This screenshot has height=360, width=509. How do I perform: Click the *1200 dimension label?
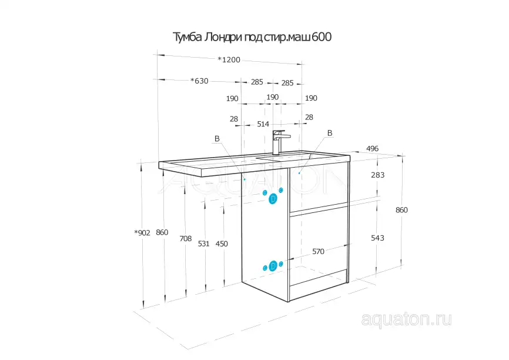coord(229,59)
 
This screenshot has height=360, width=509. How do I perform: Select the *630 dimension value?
coord(199,81)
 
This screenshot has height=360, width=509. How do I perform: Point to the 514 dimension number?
coord(263,124)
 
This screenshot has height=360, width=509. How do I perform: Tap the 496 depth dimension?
coord(372,149)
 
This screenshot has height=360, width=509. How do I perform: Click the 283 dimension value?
coord(378,175)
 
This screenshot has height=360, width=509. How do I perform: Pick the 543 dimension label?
coord(377,238)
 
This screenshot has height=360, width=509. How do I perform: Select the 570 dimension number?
coord(318,252)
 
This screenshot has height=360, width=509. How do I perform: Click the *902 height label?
coord(143,233)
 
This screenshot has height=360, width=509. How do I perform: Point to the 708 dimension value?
coord(185,239)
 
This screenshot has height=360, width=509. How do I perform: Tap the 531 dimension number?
coord(204,244)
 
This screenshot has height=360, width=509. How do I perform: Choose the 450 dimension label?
coord(222,244)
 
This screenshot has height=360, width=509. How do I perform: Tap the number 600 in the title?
coord(322,38)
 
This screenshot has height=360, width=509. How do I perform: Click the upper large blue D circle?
coord(273,199)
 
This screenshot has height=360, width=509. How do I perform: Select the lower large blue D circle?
coord(273,266)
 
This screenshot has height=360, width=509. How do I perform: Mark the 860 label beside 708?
coord(162,232)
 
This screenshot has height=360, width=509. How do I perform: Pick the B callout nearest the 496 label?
coord(329,134)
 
